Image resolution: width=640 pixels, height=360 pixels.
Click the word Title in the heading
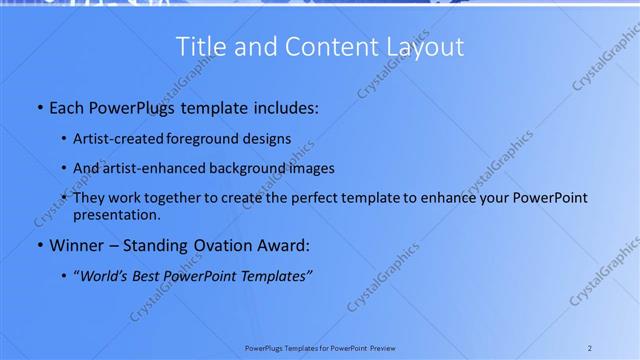tap(198, 47)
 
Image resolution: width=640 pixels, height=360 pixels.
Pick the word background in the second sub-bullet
tap(245, 168)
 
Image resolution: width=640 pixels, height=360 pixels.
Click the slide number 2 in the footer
tap(590, 348)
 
